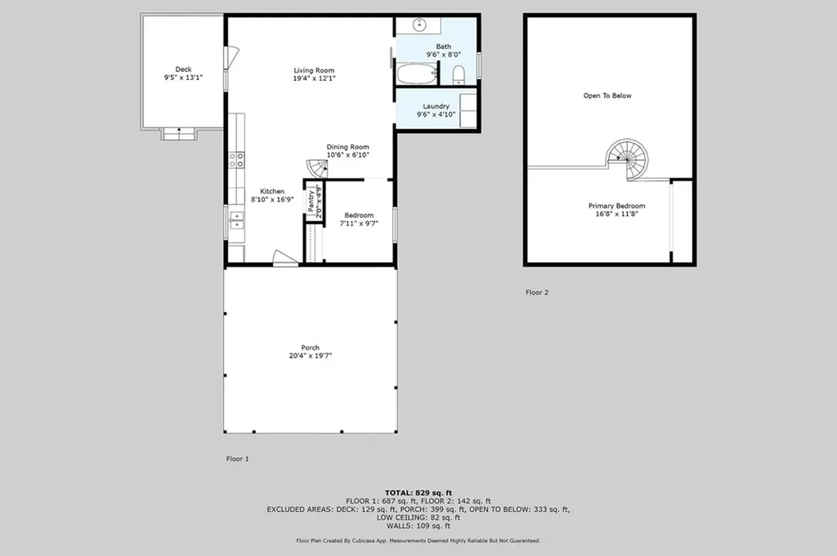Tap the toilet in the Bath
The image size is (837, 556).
click(459, 76)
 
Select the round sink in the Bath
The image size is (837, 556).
click(419, 24)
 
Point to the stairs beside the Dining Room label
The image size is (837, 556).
click(316, 169)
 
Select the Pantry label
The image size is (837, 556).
click(311, 202)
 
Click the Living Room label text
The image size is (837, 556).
click(314, 70)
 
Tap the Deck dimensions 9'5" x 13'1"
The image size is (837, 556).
click(183, 78)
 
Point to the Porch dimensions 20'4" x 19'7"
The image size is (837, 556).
click(310, 355)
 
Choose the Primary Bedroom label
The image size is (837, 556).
click(616, 206)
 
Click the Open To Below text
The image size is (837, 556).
click(606, 96)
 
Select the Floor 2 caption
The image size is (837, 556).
click(536, 292)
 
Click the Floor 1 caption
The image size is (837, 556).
click(237, 459)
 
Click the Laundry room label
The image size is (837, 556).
click(436, 106)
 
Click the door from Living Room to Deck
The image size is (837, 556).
click(232, 57)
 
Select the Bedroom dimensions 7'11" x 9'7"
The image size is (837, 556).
click(360, 223)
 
